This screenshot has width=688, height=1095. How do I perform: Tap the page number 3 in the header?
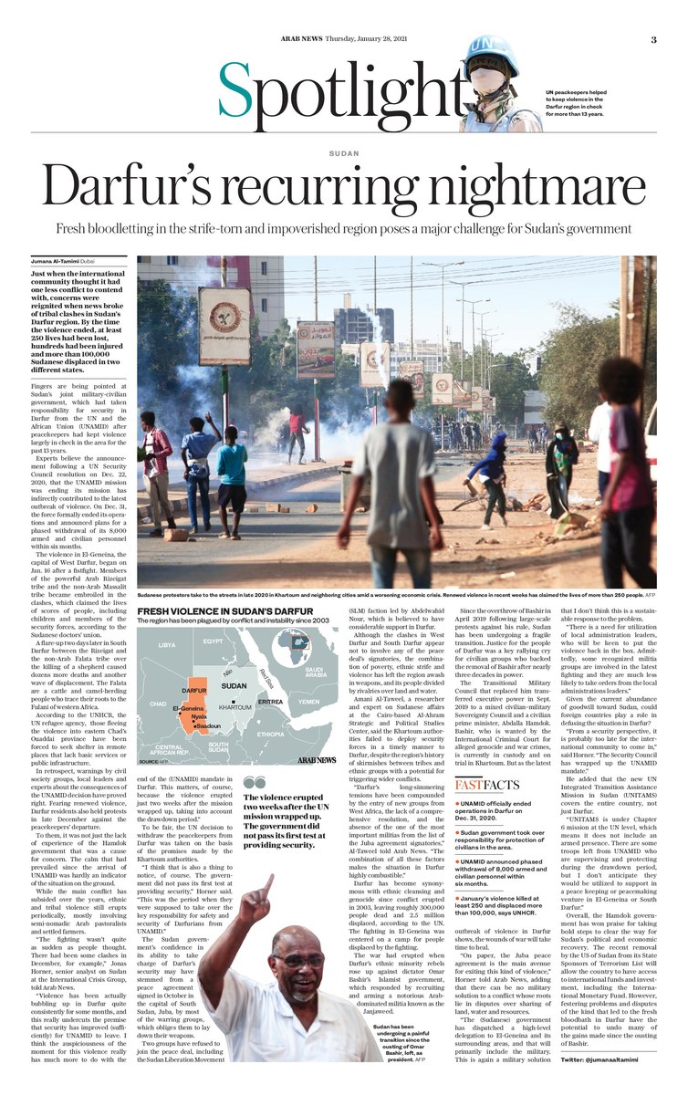point(654,39)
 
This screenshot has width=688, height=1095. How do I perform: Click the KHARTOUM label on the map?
point(235,682)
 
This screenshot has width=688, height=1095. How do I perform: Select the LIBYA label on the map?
point(167,645)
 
